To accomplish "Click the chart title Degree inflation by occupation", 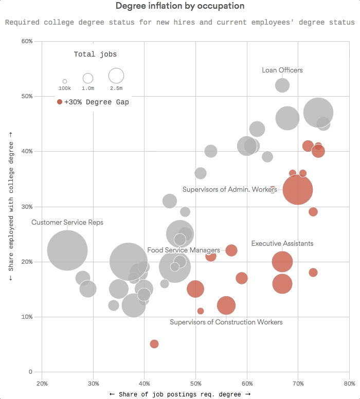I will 179,6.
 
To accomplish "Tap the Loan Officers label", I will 282,70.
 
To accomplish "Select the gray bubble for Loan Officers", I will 282,85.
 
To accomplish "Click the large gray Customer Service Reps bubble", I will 67,250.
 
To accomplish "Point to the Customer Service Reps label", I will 67,223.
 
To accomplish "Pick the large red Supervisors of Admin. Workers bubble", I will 298,189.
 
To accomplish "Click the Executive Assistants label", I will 282,243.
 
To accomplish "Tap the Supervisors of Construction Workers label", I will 226,322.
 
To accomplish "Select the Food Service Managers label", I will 184,250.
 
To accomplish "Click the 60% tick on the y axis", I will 26,41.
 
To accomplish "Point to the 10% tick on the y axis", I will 26,317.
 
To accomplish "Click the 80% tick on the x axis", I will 349,383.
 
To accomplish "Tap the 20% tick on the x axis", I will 42,383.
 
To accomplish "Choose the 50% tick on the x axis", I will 195,383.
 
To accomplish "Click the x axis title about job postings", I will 180,394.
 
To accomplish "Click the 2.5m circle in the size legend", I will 116,76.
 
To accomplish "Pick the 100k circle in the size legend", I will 65,81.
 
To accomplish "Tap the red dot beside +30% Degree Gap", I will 60,102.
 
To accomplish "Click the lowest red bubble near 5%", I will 154,344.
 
